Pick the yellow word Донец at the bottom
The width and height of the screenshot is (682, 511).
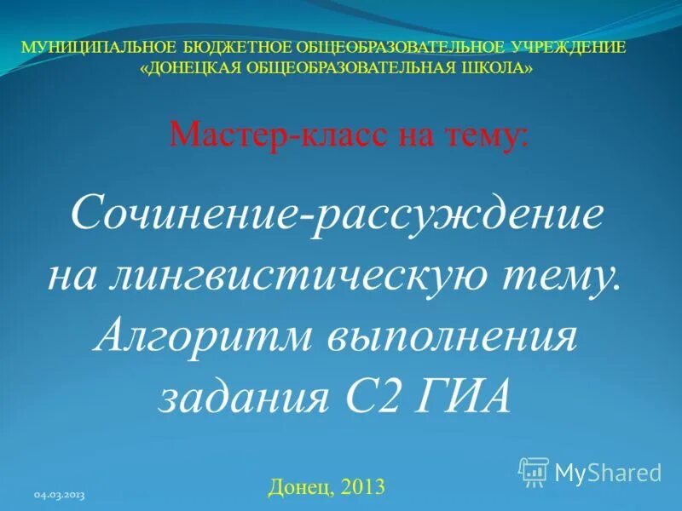tap(298, 487)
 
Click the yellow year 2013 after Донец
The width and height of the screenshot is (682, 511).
tap(363, 487)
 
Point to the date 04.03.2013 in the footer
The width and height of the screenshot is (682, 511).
tap(60, 495)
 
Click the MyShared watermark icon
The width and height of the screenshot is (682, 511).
tap(534, 472)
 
